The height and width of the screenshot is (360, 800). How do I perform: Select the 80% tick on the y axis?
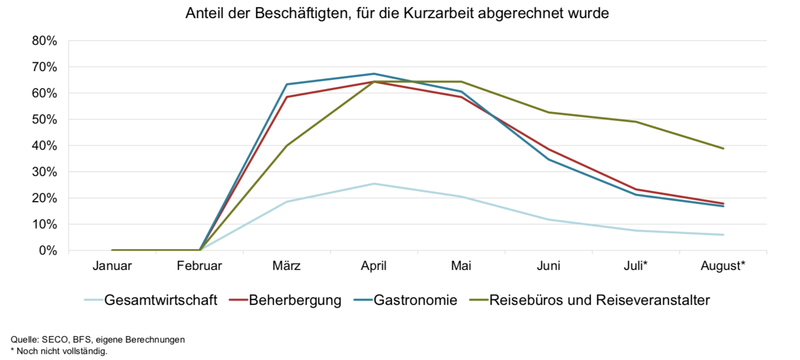(x=44, y=41)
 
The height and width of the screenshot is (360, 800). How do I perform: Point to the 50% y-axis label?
(x=44, y=120)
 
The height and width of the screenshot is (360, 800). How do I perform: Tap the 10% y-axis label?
(x=44, y=225)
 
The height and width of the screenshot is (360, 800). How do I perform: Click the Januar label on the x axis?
(x=112, y=266)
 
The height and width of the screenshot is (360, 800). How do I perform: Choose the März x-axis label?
(x=286, y=266)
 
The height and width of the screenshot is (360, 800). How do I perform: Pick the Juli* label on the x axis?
(x=636, y=266)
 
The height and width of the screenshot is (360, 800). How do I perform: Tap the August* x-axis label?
(x=723, y=266)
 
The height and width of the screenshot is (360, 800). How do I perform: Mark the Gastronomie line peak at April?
(x=374, y=74)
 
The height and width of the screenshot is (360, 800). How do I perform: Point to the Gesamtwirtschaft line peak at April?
(x=374, y=184)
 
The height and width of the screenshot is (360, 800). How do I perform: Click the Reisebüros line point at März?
(x=286, y=146)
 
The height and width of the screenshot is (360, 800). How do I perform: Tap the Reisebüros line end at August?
(x=723, y=149)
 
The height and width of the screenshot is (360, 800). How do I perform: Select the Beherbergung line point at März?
(x=286, y=97)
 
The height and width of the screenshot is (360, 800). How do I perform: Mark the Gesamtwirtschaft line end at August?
(x=723, y=235)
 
